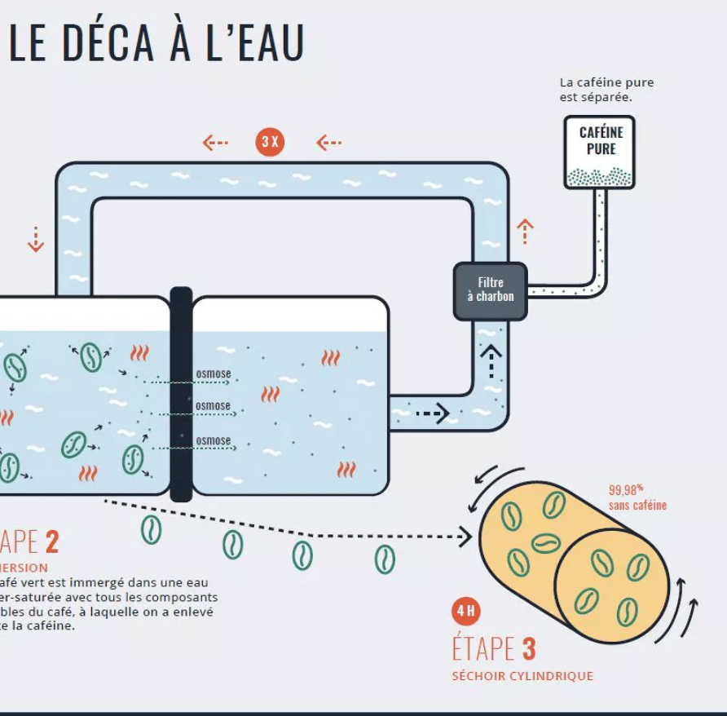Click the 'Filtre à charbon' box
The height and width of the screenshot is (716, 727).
click(x=490, y=290)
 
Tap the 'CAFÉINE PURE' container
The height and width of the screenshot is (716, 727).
click(x=599, y=152)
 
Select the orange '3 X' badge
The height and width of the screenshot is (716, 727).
click(x=270, y=142)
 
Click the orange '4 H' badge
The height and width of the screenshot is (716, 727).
click(x=466, y=611)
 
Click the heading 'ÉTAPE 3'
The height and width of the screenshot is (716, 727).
click(x=494, y=649)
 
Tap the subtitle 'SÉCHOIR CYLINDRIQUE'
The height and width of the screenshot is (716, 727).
click(x=522, y=676)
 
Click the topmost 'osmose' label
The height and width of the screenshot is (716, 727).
click(x=214, y=374)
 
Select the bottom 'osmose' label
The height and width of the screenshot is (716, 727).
click(x=214, y=440)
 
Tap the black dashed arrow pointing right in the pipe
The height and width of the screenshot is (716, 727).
click(x=432, y=413)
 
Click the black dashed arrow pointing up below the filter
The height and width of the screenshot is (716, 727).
click(x=491, y=360)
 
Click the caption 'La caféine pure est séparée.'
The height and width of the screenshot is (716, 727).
click(x=606, y=90)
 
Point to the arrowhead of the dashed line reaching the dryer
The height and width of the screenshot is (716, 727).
click(x=465, y=537)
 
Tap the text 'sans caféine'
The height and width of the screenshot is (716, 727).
click(x=637, y=506)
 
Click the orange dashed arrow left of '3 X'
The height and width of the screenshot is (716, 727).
click(x=215, y=143)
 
